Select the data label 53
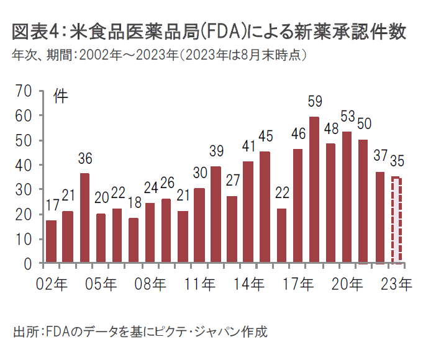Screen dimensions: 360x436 pyautogui.click(x=347, y=117)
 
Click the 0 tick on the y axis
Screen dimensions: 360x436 pyautogui.click(x=28, y=264)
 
